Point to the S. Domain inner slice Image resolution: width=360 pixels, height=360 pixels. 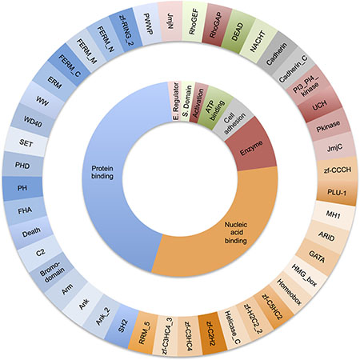(x=186, y=102)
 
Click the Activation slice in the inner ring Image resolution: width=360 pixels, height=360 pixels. (x=198, y=104)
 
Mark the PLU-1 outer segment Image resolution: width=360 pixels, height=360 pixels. (x=336, y=191)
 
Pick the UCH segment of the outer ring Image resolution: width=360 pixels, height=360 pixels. (x=319, y=105)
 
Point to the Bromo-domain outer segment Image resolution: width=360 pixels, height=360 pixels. (x=51, y=271)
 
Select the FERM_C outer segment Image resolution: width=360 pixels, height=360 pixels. (x=69, y=66)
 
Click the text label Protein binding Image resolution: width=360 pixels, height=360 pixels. (x=102, y=172)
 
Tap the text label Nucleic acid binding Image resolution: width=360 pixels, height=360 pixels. (x=236, y=233)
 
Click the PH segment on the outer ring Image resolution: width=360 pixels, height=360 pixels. (x=22, y=188)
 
